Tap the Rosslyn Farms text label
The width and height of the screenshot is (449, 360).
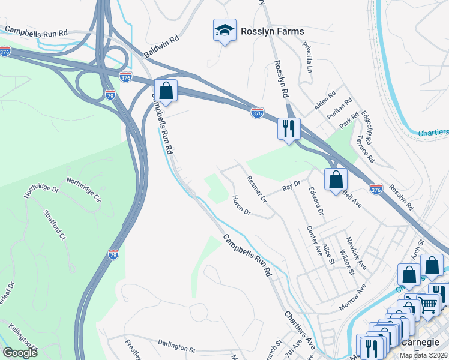pyautogui.click(x=272, y=31)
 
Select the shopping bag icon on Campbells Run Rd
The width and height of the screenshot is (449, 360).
pyautogui.click(x=166, y=91)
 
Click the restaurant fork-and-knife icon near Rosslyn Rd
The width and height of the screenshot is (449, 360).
pyautogui.click(x=289, y=128)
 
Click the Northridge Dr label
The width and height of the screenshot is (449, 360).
pyautogui.click(x=41, y=191)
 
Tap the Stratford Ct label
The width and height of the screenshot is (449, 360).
pyautogui.click(x=54, y=224)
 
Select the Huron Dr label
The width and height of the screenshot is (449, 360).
pyautogui.click(x=240, y=205)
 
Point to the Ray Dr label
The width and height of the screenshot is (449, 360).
pyautogui.click(x=291, y=187)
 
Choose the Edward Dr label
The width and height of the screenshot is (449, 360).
pyautogui.click(x=316, y=202)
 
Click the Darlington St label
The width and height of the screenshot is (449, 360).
pyautogui.click(x=177, y=348)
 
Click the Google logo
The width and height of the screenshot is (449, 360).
pyautogui.click(x=20, y=352)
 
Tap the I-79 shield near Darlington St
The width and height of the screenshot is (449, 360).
pyautogui.click(x=113, y=254)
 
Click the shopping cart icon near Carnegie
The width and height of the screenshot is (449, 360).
pyautogui.click(x=427, y=304)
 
